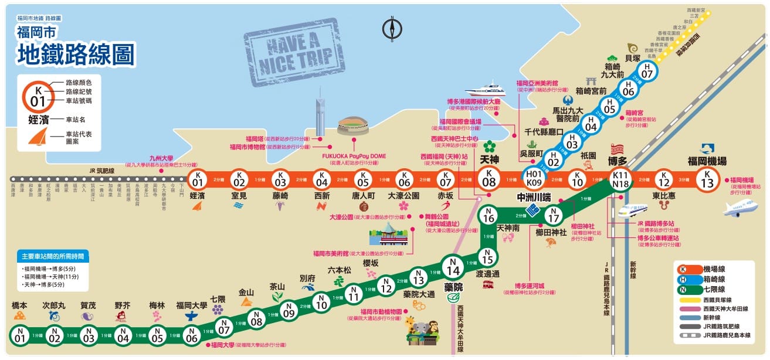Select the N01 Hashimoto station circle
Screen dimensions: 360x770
[20, 336]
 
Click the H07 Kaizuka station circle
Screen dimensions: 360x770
[647, 72]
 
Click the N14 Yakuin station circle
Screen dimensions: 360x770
[452, 270]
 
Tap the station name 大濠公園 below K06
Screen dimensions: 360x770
[403, 195]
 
